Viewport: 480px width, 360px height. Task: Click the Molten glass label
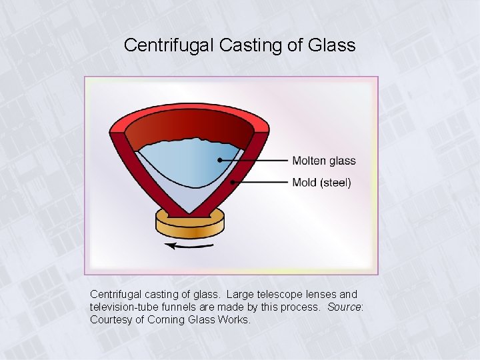(324, 161)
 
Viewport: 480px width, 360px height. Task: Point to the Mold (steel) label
(321, 182)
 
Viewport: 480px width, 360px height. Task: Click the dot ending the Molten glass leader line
(219, 160)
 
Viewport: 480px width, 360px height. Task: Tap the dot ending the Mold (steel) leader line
(232, 181)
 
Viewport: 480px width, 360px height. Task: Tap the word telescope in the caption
(270, 294)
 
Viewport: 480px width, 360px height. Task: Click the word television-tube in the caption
(125, 307)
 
